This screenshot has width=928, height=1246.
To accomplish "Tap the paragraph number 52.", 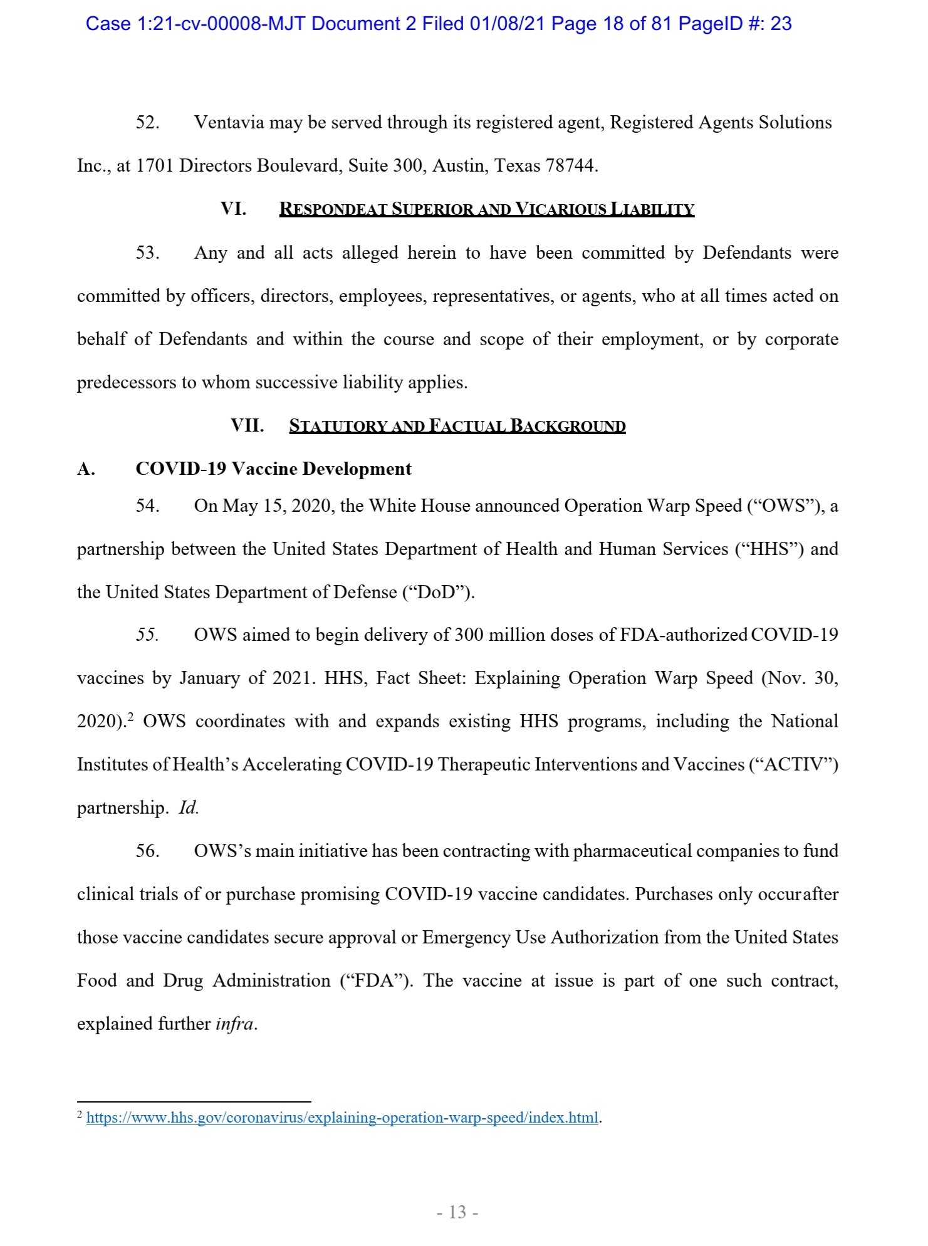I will coord(147,122).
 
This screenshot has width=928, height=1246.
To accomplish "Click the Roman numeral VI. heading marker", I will coord(233,209).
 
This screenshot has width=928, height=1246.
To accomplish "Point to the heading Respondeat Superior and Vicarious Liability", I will coord(486,209).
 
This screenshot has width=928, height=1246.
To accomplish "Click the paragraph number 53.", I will coord(147,252).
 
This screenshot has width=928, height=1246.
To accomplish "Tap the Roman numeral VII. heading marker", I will coord(247,425).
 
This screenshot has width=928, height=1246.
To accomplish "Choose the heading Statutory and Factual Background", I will coord(457,426).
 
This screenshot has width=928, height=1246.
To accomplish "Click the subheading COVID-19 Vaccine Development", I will coord(273,469).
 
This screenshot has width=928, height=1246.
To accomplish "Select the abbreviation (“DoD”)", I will coord(437,592).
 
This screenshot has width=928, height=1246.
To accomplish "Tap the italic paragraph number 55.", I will coord(147,635).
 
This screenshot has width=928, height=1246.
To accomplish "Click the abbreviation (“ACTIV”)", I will coord(793,764).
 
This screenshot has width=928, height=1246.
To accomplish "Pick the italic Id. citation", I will coord(189,807).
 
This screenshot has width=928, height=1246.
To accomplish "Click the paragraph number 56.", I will coord(147,851).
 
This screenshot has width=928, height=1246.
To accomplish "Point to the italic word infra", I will coord(235,1024).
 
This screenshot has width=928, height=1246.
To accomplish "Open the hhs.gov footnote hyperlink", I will coord(342,1118).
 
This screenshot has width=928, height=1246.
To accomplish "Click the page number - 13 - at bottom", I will coord(457,1212).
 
